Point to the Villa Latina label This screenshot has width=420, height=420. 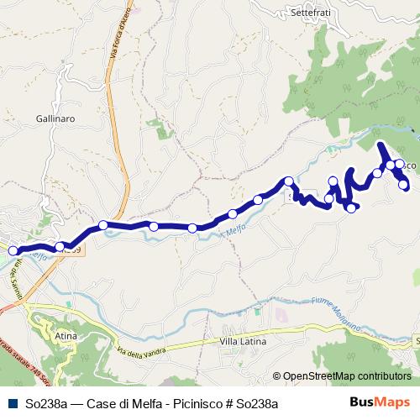pyautogui.click(x=243, y=343)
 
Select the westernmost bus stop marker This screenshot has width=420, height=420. pyautogui.click(x=13, y=250)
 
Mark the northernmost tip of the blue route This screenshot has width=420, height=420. pyautogui.click(x=381, y=144)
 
